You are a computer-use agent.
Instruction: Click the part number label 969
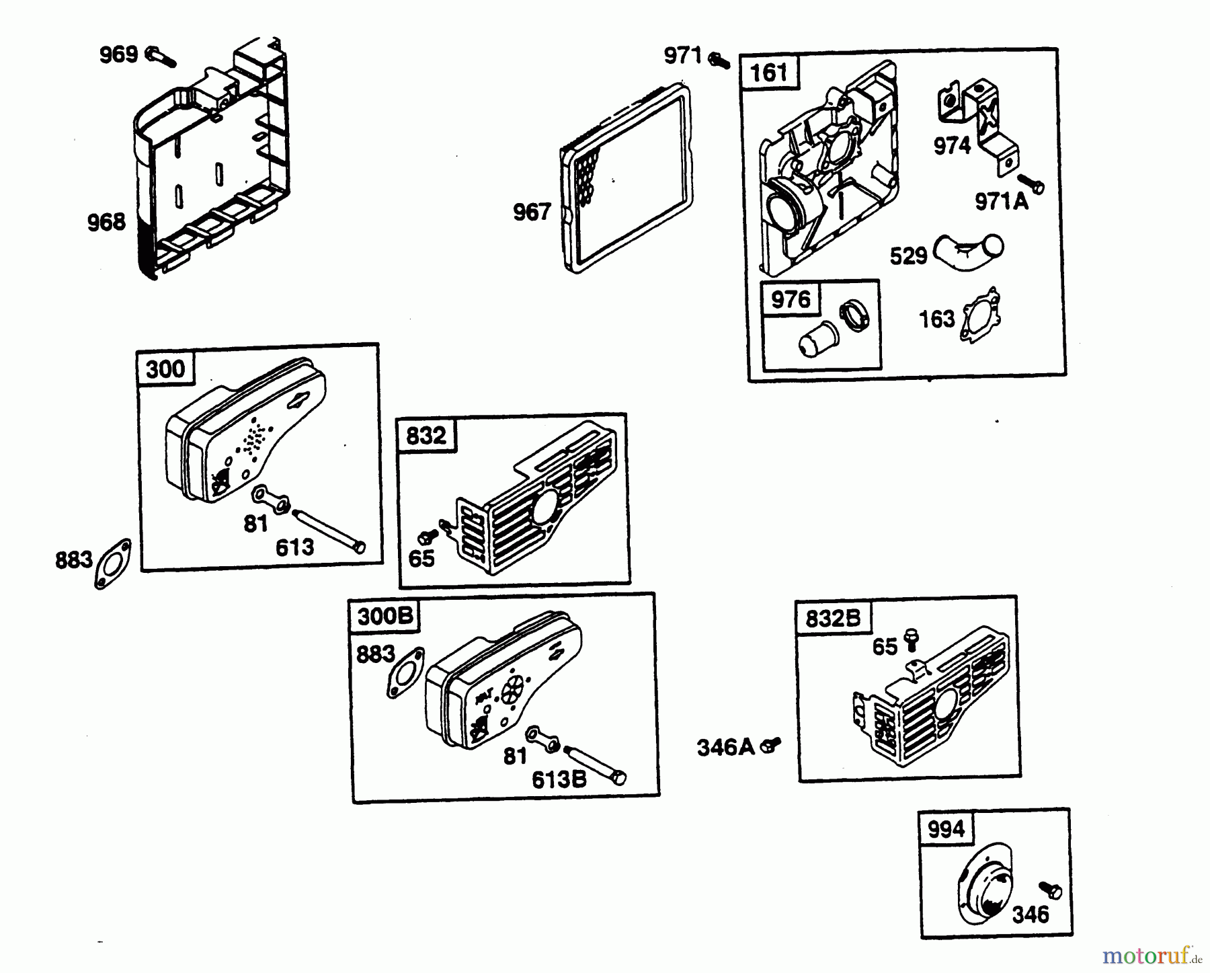tap(118, 54)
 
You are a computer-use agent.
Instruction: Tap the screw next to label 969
tap(160, 56)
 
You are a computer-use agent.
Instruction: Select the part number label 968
tap(106, 222)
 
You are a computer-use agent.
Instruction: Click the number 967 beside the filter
tap(532, 212)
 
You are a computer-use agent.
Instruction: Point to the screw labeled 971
tap(719, 60)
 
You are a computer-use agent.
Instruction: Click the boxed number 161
tap(768, 72)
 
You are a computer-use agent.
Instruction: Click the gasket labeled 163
tap(980, 315)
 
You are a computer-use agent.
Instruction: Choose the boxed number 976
tap(791, 299)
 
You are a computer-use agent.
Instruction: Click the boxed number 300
tap(165, 369)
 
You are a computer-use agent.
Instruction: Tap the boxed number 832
tap(426, 436)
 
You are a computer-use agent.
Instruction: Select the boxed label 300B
tap(385, 617)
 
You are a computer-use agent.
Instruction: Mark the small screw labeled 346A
tap(770, 744)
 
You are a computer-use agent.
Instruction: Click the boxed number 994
tap(946, 829)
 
